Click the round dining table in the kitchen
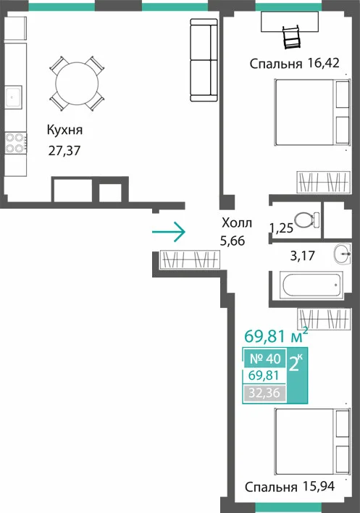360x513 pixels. pyautogui.click(x=77, y=83)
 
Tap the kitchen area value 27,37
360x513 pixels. pyautogui.click(x=64, y=151)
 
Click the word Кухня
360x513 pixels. pyautogui.click(x=64, y=130)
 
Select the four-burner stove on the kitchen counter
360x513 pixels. pyautogui.click(x=15, y=143)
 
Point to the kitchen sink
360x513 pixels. pyautogui.click(x=13, y=97)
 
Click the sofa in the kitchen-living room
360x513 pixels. pyautogui.click(x=204, y=60)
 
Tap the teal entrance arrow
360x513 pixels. pyautogui.click(x=169, y=232)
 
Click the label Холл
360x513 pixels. pyautogui.click(x=237, y=222)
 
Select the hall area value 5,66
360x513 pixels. pyautogui.click(x=233, y=241)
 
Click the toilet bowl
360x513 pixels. pyautogui.click(x=306, y=220)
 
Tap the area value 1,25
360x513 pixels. pyautogui.click(x=281, y=228)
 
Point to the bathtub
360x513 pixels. pyautogui.click(x=311, y=285)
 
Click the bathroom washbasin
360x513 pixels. pyautogui.click(x=343, y=254)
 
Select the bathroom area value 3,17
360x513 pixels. pyautogui.click(x=303, y=256)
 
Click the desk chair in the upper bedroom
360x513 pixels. pyautogui.click(x=291, y=37)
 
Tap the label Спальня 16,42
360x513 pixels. pyautogui.click(x=295, y=63)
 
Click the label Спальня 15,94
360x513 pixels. pyautogui.click(x=290, y=487)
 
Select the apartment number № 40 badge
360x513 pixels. pyautogui.click(x=265, y=359)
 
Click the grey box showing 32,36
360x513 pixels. pyautogui.click(x=264, y=393)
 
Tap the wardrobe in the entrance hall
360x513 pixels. pyautogui.click(x=190, y=260)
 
